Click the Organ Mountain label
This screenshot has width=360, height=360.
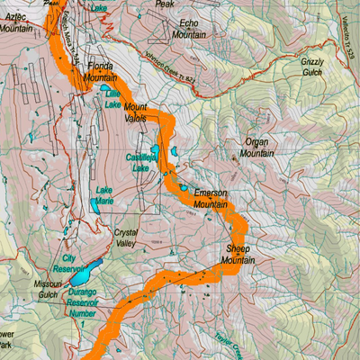click(256, 147)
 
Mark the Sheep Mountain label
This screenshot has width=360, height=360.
click(238, 254)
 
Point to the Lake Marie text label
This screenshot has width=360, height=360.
click(104, 194)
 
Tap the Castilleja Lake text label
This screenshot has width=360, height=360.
click(139, 162)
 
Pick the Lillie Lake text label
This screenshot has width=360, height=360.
click(112, 98)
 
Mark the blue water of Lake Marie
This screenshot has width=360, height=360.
click(96, 206)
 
